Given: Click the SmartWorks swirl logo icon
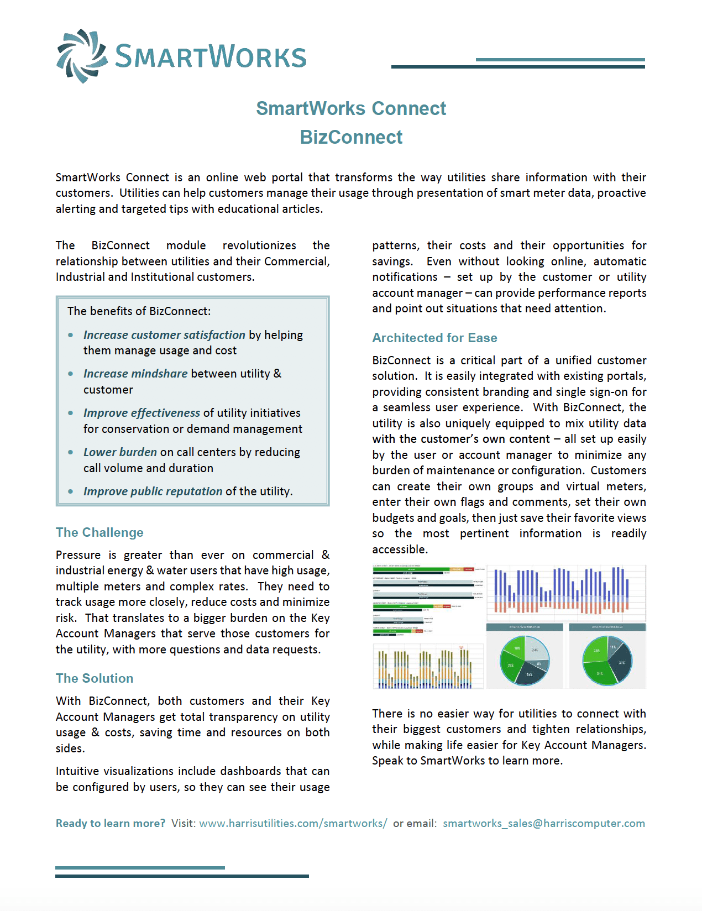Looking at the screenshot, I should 82,56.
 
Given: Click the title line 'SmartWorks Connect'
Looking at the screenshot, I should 351,108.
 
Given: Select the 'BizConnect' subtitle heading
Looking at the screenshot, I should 351,137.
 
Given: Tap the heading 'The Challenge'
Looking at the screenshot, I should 99,532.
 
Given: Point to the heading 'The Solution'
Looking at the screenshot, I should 95,678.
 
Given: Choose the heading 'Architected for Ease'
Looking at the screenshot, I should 434,338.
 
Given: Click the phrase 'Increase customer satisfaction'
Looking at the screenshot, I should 164,335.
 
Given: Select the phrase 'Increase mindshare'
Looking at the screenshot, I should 135,374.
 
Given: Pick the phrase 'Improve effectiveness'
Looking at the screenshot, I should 142,413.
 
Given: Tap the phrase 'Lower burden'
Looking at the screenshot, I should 120,452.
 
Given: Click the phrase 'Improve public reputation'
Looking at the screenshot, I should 153,491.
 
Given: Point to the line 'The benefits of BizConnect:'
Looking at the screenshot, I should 139,311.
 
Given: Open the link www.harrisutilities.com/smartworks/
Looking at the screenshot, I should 293,823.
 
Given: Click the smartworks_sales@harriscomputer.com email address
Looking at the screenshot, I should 544,823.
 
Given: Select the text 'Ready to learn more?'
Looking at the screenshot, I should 111,823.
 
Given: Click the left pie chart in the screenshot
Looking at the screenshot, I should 525,661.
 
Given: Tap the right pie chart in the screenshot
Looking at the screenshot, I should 607,661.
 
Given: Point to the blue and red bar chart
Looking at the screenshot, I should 565,591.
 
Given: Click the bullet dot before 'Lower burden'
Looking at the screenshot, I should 71,452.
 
